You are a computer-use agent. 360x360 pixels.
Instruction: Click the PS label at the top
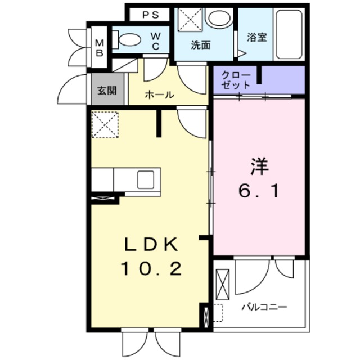150,15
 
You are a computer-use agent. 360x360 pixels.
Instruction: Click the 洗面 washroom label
200,46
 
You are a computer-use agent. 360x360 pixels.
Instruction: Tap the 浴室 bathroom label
257,38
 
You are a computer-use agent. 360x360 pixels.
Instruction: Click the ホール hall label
159,94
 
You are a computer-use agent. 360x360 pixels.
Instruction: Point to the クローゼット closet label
235,79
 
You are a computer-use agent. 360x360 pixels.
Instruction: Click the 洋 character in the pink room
260,167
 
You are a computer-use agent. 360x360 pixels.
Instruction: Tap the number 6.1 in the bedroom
260,192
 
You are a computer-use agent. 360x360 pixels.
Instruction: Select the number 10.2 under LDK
151,269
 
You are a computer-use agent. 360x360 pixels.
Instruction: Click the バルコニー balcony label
264,307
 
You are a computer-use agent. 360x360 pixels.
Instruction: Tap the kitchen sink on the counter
144,180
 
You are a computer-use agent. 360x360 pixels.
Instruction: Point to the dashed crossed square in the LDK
105,125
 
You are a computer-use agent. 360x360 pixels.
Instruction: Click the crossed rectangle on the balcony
223,286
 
